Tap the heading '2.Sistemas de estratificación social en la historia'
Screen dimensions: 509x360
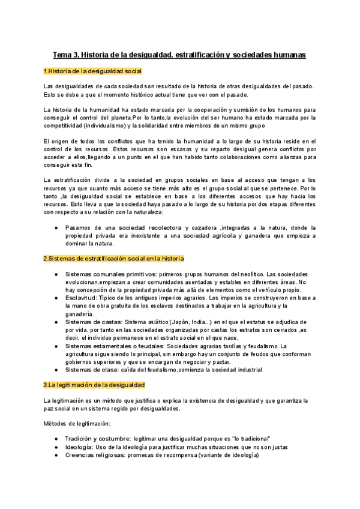(113, 258)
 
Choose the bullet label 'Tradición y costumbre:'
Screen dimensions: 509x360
(99, 439)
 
